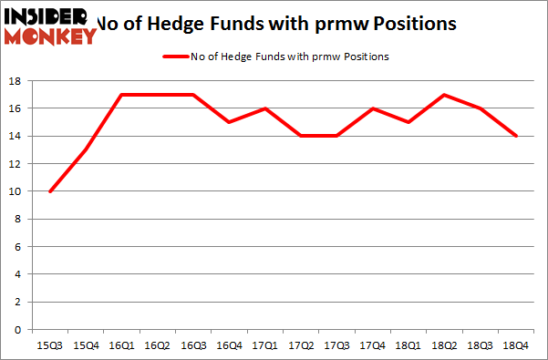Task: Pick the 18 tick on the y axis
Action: [16, 81]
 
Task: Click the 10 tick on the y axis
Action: [16, 191]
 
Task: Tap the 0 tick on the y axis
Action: [19, 329]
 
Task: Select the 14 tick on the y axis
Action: [16, 137]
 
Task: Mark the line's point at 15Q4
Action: [85, 150]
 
